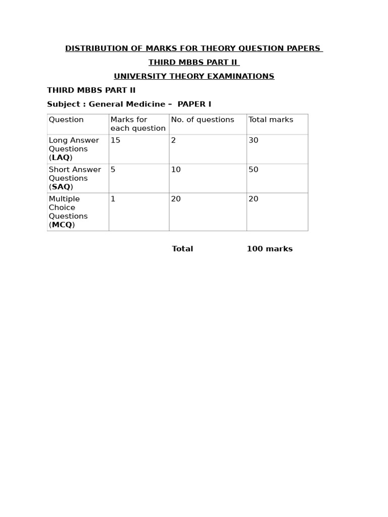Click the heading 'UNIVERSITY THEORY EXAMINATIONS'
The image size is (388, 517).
[x=194, y=76]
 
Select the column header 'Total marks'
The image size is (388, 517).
[x=271, y=120]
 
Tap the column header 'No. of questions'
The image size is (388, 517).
[x=203, y=120]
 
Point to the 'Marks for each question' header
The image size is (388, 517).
[x=138, y=124]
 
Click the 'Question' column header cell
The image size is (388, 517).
[x=66, y=120]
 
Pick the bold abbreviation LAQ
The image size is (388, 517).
[x=61, y=158]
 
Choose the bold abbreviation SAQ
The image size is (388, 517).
[x=61, y=187]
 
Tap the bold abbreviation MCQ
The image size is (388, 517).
[x=62, y=225]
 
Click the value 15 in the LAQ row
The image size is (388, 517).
[x=116, y=140]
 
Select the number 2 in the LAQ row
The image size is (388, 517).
[x=173, y=140]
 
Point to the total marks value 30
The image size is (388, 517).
[x=253, y=140]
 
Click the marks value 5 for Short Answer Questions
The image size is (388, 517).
[x=113, y=170]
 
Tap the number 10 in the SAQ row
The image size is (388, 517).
[x=176, y=170]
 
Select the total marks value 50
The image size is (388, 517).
[x=253, y=170]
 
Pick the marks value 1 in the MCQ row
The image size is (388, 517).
[x=113, y=199]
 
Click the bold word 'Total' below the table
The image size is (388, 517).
[x=182, y=249]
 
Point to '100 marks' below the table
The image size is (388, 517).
[x=270, y=249]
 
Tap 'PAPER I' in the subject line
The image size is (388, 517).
[x=195, y=104]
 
